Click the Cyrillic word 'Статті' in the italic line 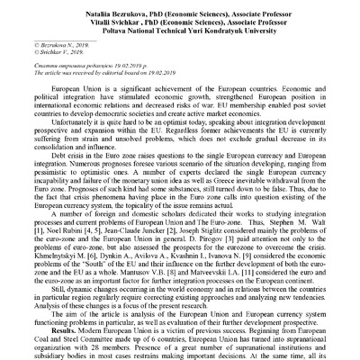tap(40, 58)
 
